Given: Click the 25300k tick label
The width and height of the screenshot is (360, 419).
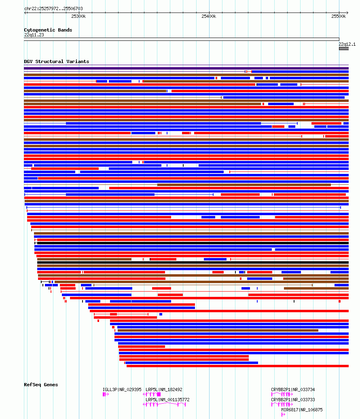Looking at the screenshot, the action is pos(78,16).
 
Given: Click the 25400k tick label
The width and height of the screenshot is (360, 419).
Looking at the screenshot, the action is pos(209,16).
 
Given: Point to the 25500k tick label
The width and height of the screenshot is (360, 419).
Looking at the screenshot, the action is pos(339,16).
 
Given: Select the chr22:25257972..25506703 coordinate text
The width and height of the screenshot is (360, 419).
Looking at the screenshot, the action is pos(53,8).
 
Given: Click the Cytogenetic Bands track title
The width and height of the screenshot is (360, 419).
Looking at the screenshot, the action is pos(48,30).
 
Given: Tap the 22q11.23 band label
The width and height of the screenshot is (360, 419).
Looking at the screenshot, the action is pos(34,35).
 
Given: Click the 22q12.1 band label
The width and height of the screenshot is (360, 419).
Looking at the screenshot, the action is pos(347,44).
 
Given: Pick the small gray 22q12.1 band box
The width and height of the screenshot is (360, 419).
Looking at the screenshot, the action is pos(344,49).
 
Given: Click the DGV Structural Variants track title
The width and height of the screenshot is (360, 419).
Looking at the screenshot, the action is pos(56,61).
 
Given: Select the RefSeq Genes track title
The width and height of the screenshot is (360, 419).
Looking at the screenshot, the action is pos(41,385).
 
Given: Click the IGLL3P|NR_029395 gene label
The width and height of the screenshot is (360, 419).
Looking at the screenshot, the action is pos(122,389).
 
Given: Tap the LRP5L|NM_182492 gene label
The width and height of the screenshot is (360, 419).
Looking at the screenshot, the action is pos(164,389).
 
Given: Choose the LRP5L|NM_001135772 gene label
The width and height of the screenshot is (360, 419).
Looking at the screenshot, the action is pos(167,400).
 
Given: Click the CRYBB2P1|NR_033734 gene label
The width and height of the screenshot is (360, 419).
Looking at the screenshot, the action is pos(293,389).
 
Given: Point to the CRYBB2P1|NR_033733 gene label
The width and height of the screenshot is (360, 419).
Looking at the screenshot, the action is pos(293,400).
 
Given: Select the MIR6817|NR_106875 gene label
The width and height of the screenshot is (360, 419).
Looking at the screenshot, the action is pos(302,410).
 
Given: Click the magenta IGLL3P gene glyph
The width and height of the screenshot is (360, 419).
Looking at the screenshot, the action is pos(106,394).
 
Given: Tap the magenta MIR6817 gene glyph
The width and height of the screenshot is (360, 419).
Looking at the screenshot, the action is pos(283,415).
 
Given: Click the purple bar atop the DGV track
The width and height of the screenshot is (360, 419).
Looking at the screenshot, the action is pos(186,68).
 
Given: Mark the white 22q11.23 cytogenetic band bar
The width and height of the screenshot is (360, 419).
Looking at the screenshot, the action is pos(182,39).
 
